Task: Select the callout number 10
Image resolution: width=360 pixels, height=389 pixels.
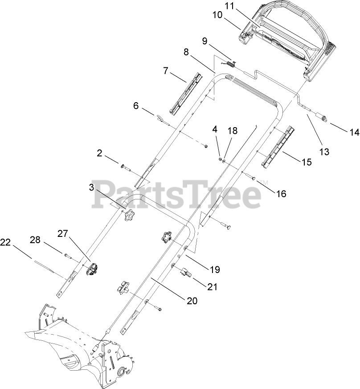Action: (x=217, y=15)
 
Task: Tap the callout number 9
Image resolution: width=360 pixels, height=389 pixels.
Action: (x=205, y=41)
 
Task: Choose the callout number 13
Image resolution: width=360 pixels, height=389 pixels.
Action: (x=324, y=152)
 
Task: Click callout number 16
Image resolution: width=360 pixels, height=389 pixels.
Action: (x=281, y=194)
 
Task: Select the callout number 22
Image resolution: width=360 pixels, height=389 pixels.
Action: (x=6, y=242)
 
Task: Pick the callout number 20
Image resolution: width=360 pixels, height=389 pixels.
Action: (x=192, y=301)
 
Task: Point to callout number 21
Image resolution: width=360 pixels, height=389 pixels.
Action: (x=212, y=287)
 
